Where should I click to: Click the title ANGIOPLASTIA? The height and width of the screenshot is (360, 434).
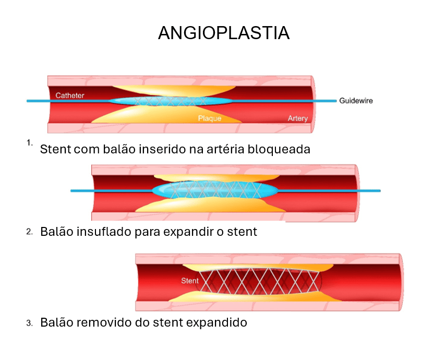pyautogui.click(x=223, y=33)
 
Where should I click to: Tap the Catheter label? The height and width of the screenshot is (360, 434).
pyautogui.click(x=70, y=95)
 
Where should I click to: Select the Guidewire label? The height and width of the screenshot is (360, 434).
pyautogui.click(x=356, y=101)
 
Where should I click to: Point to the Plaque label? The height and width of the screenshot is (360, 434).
pyautogui.click(x=209, y=118)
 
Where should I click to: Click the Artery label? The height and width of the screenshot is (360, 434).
pyautogui.click(x=297, y=118)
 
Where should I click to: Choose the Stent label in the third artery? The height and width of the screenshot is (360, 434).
pyautogui.click(x=190, y=281)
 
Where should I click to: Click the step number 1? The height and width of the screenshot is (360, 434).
pyautogui.click(x=29, y=142)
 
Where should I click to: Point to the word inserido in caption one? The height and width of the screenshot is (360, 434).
pyautogui.click(x=160, y=149)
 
